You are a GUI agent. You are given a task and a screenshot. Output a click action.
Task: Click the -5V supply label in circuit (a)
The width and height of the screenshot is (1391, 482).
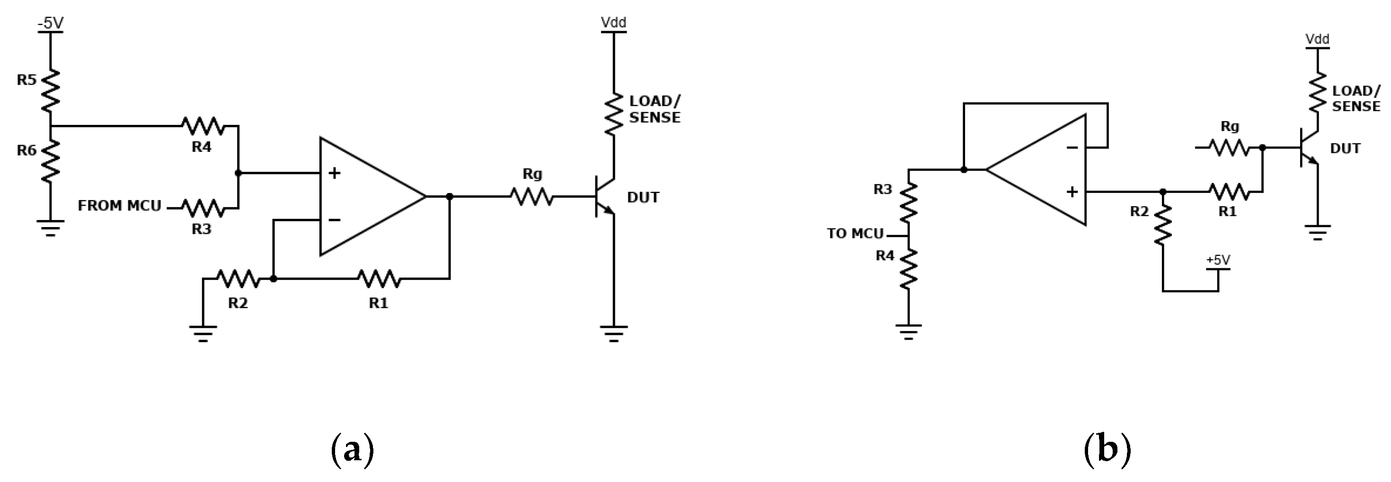click(x=50, y=23)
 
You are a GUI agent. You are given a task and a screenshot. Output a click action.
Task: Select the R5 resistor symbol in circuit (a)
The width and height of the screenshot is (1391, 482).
click(x=50, y=89)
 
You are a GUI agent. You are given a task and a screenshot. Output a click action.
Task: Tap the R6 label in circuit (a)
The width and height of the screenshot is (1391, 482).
click(x=27, y=150)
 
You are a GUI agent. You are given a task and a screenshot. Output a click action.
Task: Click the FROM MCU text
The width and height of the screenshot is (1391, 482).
click(x=119, y=206)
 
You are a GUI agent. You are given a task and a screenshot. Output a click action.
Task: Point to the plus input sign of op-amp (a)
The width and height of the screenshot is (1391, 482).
click(x=335, y=173)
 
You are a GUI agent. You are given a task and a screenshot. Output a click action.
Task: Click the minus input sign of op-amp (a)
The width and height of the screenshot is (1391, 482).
click(x=335, y=219)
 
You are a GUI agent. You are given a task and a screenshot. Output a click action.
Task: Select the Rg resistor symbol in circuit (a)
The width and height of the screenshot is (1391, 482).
click(x=532, y=196)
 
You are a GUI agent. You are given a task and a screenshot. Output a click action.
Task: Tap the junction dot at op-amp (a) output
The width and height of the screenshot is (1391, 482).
click(x=449, y=196)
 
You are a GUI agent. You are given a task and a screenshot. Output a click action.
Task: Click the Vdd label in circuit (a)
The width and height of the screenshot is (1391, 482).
click(x=614, y=22)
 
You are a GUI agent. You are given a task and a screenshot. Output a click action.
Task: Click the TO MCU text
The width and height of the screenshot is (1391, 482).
click(x=855, y=234)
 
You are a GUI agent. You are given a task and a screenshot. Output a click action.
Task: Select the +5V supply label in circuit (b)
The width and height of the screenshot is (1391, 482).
click(x=1218, y=260)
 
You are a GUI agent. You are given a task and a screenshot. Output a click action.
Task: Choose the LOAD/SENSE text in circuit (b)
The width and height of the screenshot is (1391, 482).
click(x=1356, y=98)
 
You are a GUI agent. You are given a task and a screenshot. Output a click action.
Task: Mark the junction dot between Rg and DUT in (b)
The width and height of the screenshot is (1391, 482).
click(x=1262, y=147)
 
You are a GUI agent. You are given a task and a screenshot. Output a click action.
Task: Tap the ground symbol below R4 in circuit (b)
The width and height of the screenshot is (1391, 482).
click(x=908, y=331)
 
